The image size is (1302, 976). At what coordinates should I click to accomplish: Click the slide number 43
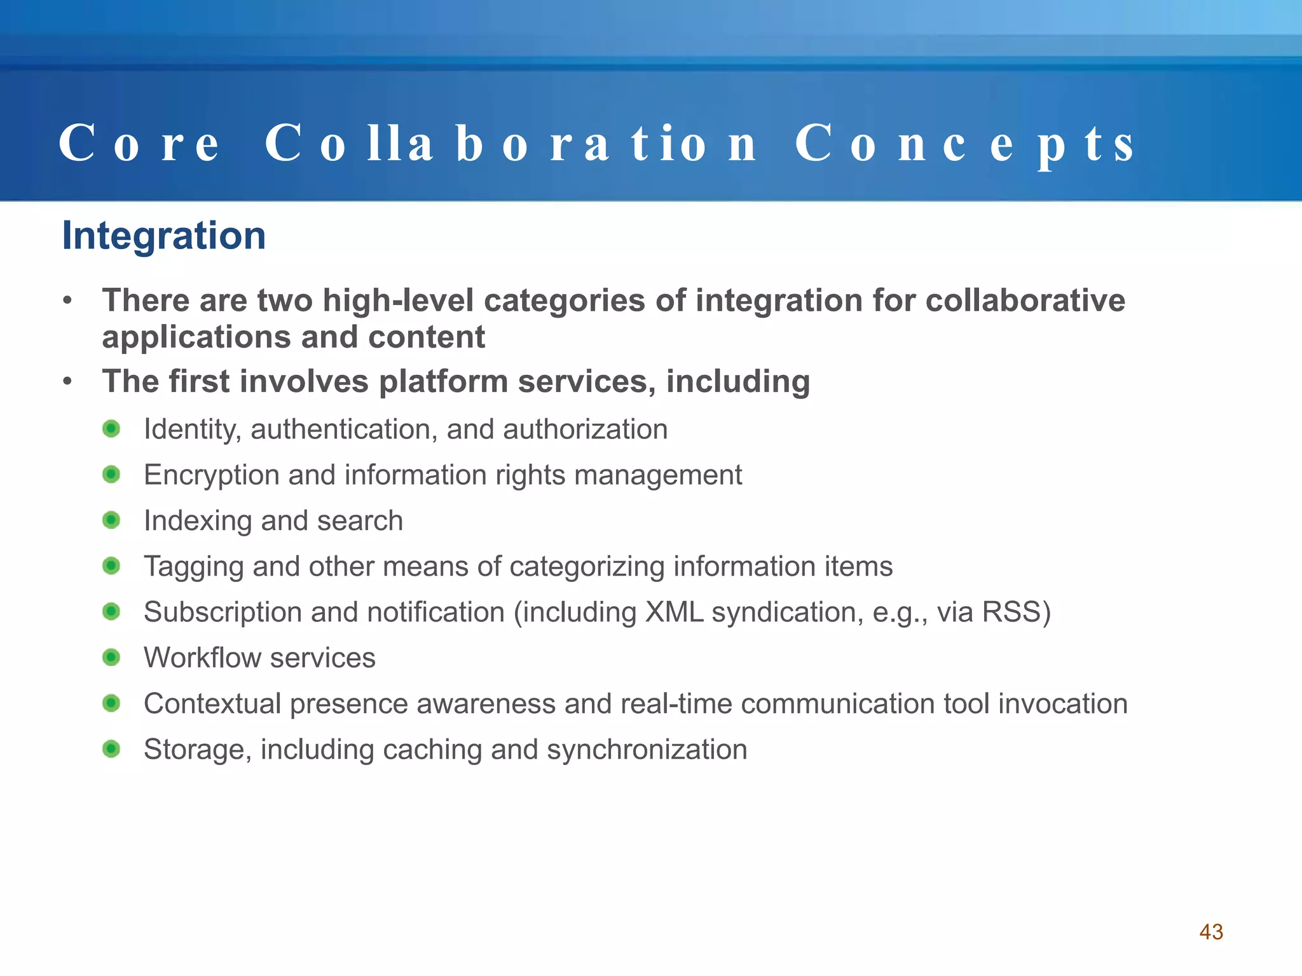pos(1210,932)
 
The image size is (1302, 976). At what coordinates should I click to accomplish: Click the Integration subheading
pos(163,236)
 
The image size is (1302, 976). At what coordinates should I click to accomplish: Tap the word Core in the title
pos(139,144)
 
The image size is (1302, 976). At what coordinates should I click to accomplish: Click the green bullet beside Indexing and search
pos(111,520)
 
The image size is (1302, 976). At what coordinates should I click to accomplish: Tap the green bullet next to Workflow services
pos(111,657)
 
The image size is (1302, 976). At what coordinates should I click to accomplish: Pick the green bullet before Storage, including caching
pos(111,749)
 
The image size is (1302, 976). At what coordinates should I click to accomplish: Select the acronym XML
pos(674,612)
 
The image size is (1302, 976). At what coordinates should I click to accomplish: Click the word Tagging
pos(193,567)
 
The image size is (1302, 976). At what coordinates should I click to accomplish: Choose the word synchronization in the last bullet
pos(647,750)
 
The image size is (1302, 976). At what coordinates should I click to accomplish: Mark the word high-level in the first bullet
pos(398,301)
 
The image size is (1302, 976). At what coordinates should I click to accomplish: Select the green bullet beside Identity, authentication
pos(111,429)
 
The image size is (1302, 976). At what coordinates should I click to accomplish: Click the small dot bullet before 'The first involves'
pos(67,382)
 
